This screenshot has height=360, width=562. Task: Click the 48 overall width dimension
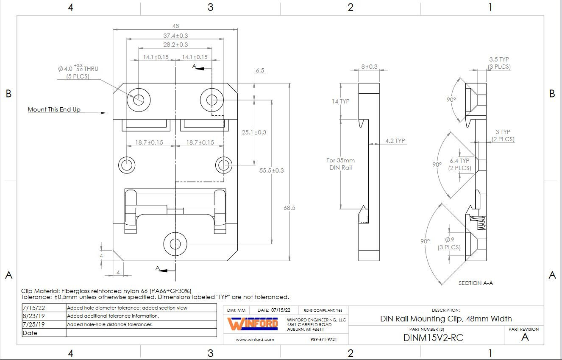175,26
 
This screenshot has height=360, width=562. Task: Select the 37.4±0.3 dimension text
175,36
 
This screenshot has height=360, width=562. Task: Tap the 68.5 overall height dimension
289,208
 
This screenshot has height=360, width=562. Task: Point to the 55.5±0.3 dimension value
272,170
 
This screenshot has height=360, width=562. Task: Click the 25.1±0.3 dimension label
254,132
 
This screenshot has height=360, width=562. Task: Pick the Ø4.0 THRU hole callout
78,72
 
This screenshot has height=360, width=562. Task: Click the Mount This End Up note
54,109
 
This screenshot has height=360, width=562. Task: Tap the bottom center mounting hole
175,244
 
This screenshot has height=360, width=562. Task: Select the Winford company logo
253,324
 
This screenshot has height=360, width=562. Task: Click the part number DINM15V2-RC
433,338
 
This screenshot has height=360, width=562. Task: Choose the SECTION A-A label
476,283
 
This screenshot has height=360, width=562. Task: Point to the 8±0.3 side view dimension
369,67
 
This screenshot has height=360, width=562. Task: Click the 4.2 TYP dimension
395,141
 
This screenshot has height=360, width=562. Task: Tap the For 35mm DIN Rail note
340,164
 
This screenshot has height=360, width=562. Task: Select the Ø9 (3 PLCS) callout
449,243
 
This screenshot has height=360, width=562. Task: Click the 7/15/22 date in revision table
33,308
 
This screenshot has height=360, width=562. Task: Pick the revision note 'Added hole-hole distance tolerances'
110,324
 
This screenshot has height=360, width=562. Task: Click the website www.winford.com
255,339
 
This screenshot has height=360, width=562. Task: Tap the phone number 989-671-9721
324,339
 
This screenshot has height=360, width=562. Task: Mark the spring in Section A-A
481,223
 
